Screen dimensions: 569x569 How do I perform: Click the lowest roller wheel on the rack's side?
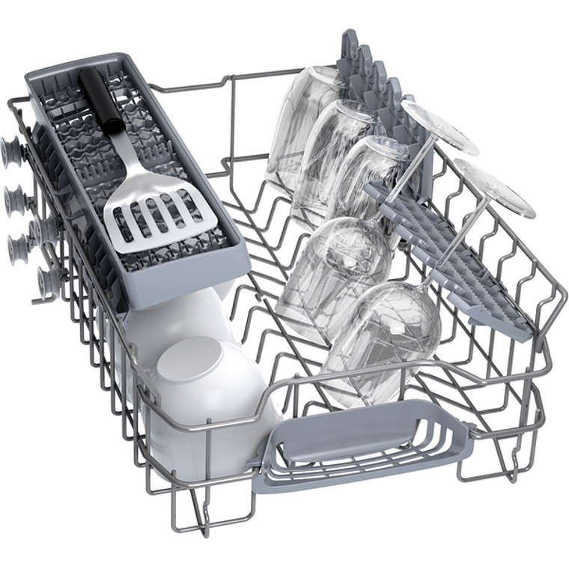click(49, 281)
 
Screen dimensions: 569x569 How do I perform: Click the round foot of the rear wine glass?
click(441, 124)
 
